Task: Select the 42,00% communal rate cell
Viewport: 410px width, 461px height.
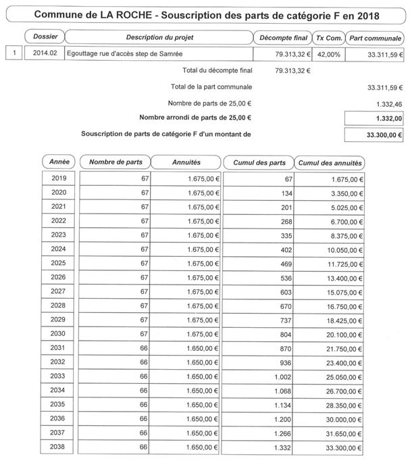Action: pos(330,53)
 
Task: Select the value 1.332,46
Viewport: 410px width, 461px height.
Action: pos(388,103)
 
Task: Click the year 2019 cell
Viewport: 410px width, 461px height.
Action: pos(59,178)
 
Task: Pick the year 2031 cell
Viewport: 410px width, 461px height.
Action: pos(59,347)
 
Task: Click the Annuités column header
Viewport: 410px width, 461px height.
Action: pos(185,162)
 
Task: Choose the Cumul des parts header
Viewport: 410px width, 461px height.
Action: pos(259,162)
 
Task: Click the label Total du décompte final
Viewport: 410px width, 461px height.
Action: pos(217,70)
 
